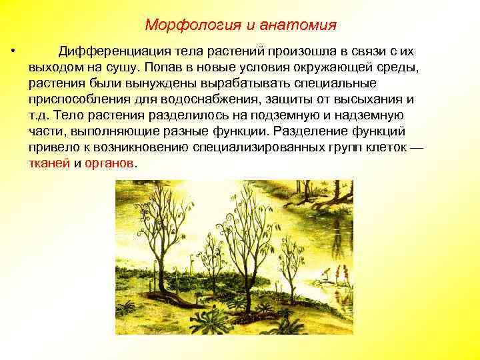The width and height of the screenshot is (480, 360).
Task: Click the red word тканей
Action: [48, 163]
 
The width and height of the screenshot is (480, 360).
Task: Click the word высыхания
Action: [370, 99]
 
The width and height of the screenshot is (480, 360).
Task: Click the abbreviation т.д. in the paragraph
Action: [39, 115]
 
